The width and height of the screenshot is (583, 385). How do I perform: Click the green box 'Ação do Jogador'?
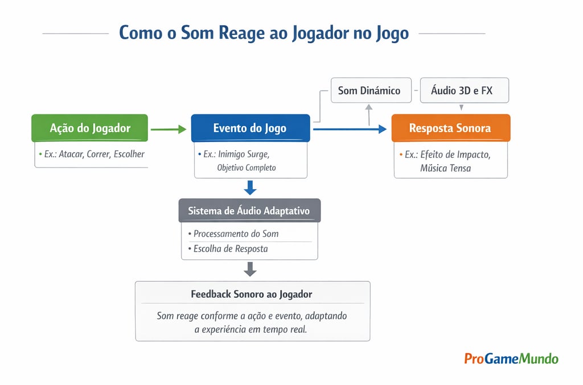[90, 128]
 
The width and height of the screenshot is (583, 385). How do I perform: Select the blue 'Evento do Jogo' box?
[250, 128]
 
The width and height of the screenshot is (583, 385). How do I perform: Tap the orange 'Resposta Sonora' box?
[450, 128]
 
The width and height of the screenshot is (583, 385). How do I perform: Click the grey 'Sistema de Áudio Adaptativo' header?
[249, 210]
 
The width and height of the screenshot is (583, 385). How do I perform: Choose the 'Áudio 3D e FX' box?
[461, 91]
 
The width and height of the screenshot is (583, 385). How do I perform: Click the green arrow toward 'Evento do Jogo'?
[169, 129]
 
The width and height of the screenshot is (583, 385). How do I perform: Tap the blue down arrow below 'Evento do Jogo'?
[250, 187]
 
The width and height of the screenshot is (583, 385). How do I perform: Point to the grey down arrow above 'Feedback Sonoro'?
[250, 268]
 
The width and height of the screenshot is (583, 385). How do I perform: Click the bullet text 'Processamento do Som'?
[236, 234]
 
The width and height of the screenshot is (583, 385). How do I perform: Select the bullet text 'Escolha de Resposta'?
[230, 248]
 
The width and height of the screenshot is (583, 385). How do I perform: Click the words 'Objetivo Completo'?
[246, 168]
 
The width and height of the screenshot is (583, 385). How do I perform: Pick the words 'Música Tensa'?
[445, 168]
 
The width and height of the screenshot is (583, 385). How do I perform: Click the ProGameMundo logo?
[511, 358]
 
